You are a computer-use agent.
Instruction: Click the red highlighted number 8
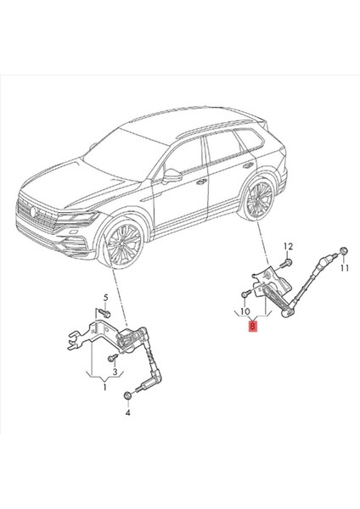251,325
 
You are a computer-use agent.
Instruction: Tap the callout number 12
287,246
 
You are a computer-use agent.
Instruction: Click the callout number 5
107,298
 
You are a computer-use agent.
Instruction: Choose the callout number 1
104,388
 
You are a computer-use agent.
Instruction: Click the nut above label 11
342,250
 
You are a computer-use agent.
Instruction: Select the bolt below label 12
286,265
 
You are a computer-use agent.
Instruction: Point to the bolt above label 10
244,294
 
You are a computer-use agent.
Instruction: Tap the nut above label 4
127,395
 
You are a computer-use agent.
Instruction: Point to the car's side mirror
172,176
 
